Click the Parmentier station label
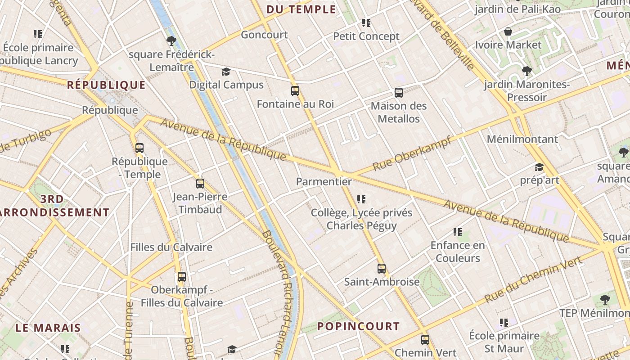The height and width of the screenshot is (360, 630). click(x=324, y=182)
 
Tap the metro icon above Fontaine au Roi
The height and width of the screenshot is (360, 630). click(x=295, y=91)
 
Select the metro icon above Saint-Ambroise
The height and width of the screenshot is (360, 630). click(x=382, y=269)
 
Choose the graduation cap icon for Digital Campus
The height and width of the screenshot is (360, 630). click(x=226, y=72)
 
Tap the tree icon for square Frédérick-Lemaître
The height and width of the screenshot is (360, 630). click(x=171, y=41)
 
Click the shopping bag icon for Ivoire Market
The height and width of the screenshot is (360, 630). click(x=508, y=31)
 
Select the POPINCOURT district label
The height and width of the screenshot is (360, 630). click(x=359, y=326)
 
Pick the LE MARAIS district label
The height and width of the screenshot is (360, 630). click(x=48, y=328)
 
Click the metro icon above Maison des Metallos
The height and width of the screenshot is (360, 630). click(x=399, y=93)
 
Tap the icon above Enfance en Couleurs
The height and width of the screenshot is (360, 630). click(x=458, y=232)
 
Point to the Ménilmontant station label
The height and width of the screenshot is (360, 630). click(x=522, y=139)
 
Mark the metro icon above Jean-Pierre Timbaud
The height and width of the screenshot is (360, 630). click(x=200, y=184)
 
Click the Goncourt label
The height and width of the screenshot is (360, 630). click(x=264, y=35)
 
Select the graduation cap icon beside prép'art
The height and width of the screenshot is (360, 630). click(x=539, y=167)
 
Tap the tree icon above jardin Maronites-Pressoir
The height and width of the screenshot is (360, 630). click(x=526, y=71)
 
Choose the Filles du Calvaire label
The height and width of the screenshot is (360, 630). click(x=171, y=247)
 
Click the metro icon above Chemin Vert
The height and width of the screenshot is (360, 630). click(x=425, y=340)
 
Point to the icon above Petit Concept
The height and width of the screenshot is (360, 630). click(x=366, y=22)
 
